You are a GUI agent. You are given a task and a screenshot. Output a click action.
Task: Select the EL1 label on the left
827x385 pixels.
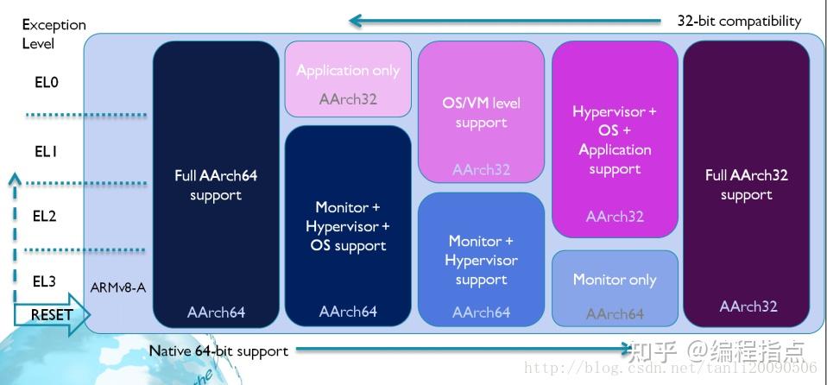45,151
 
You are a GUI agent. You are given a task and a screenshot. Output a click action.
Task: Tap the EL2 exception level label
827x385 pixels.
45,216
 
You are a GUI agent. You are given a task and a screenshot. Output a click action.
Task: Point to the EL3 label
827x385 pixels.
45,281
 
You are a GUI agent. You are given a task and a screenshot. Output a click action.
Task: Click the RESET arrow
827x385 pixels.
52,314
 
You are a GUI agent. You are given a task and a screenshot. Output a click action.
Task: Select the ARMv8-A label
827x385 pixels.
118,287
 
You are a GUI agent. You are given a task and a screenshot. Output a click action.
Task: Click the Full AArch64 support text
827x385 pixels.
216,185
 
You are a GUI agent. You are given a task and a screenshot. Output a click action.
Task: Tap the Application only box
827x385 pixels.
348,79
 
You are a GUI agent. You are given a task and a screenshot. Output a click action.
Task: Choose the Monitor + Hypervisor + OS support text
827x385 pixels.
348,226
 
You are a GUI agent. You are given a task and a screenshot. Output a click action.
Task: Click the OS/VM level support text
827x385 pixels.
481,112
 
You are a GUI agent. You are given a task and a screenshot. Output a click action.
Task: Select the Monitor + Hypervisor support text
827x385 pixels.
481,260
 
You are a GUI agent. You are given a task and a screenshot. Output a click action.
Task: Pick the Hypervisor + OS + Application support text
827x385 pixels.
615,140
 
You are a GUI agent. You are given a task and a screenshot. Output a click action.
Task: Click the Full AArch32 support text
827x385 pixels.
747,185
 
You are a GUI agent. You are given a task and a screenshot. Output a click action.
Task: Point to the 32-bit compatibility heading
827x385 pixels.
739,21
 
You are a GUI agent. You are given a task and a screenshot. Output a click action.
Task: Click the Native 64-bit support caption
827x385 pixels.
218,350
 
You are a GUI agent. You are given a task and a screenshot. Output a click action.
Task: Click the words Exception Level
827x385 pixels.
54,34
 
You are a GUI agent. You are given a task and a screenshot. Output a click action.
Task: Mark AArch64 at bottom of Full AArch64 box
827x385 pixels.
216,312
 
